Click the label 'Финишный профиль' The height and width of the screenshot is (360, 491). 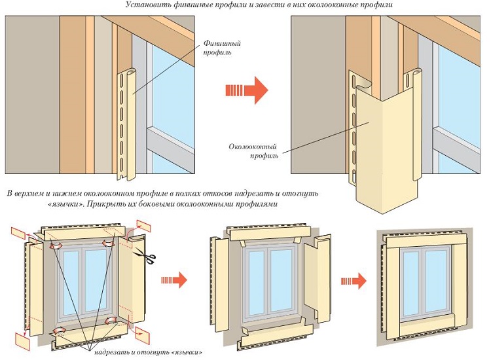click(222, 48)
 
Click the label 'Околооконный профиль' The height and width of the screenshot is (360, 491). click(253, 151)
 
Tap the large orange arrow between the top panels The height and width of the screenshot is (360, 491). click(247, 90)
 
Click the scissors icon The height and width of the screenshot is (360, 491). click(145, 255)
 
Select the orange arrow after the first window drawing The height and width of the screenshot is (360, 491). click(174, 279)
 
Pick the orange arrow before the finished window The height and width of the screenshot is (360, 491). click(354, 281)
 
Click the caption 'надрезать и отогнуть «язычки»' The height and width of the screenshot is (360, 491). click(148, 352)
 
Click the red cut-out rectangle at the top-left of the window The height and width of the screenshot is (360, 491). click(18, 234)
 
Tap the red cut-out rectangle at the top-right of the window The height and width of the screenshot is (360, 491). click(144, 226)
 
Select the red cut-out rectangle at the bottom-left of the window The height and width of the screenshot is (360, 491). click(22, 342)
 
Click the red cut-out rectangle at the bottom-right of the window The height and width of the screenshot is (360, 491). click(142, 335)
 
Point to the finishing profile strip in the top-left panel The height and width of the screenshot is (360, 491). click(128, 125)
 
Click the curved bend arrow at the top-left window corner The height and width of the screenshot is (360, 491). click(56, 245)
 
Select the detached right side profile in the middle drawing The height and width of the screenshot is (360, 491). click(318, 279)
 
